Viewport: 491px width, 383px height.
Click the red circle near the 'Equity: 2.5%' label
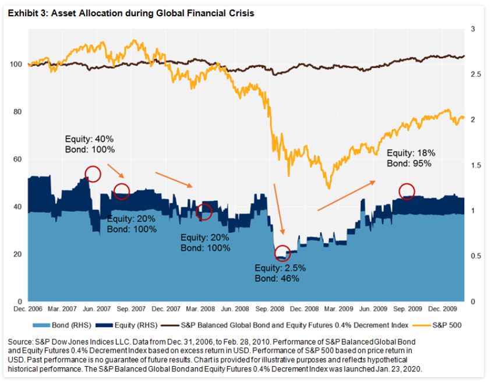(282, 253)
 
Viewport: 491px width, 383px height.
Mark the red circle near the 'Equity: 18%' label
(407, 191)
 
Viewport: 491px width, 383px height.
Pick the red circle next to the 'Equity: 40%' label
(93, 173)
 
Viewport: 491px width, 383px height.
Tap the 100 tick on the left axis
(17, 64)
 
